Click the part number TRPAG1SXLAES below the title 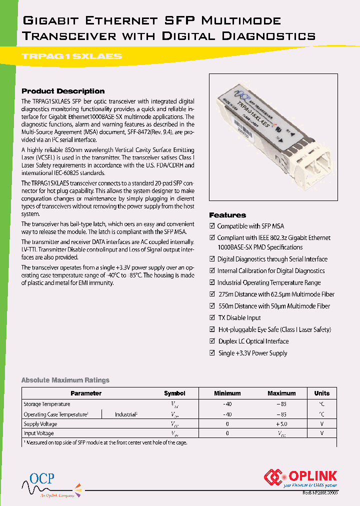click(72, 56)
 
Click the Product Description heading click(63, 91)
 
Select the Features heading click(227, 215)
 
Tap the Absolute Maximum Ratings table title click(65, 380)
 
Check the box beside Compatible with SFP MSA click(212, 226)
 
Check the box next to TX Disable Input click(212, 318)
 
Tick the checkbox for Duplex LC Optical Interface click(212, 341)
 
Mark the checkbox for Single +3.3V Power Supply click(212, 353)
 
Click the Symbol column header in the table click(174, 393)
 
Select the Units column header click(322, 393)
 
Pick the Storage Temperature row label click(47, 404)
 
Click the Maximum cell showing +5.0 click(281, 424)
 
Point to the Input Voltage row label click(39, 433)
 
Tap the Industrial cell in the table click(126, 414)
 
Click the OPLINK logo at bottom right click(300, 477)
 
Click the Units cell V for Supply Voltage click(322, 424)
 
